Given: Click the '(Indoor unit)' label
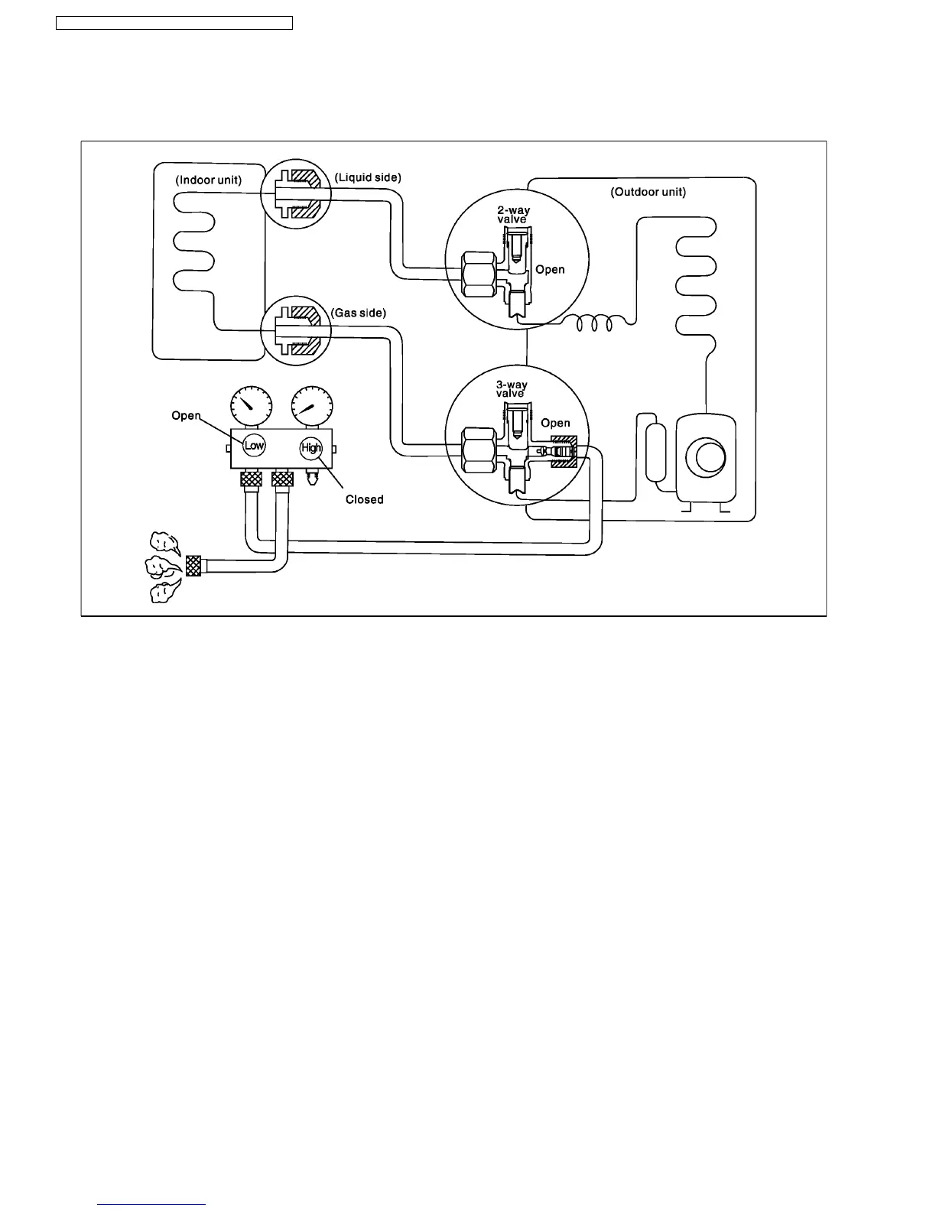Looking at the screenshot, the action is coord(208,180).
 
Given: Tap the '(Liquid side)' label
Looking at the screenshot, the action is coord(368,177).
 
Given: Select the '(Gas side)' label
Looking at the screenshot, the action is coord(359,313).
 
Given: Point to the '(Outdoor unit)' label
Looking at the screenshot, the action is coord(648,192).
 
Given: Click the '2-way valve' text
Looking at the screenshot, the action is coord(513,215).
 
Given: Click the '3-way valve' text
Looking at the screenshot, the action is coord(512,389).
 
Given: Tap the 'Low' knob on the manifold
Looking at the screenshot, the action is coord(254,446).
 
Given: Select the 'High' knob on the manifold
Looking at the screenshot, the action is coord(311,448).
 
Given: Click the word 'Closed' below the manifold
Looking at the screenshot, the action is coord(364,499).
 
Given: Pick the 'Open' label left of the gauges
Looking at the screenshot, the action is coord(186,416).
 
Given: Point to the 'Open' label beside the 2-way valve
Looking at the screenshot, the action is coord(550,269).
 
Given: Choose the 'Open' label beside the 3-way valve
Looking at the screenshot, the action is coord(555,423).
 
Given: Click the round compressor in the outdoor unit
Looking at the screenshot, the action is coord(705,457).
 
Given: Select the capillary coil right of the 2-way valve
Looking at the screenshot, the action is coord(594,324).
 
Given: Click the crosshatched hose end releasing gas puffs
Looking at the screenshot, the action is coord(193,567).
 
